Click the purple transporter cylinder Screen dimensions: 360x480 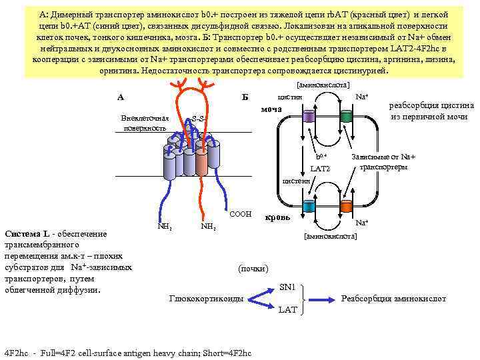[x=308, y=117]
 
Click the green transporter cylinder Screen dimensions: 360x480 [x=346, y=117]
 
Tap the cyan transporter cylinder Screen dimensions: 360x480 [x=308, y=206]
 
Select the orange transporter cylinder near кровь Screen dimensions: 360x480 [x=346, y=206]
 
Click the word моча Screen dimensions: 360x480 [x=271, y=109]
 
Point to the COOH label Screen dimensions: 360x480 [x=240, y=214]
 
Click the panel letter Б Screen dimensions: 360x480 [x=245, y=97]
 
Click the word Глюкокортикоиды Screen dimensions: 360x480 [x=206, y=298]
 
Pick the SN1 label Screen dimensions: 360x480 [x=287, y=287]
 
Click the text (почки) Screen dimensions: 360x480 [x=253, y=268]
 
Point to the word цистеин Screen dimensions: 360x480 [x=296, y=180]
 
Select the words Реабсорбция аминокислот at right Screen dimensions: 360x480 [x=393, y=298]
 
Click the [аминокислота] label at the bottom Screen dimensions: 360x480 [x=330, y=237]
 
